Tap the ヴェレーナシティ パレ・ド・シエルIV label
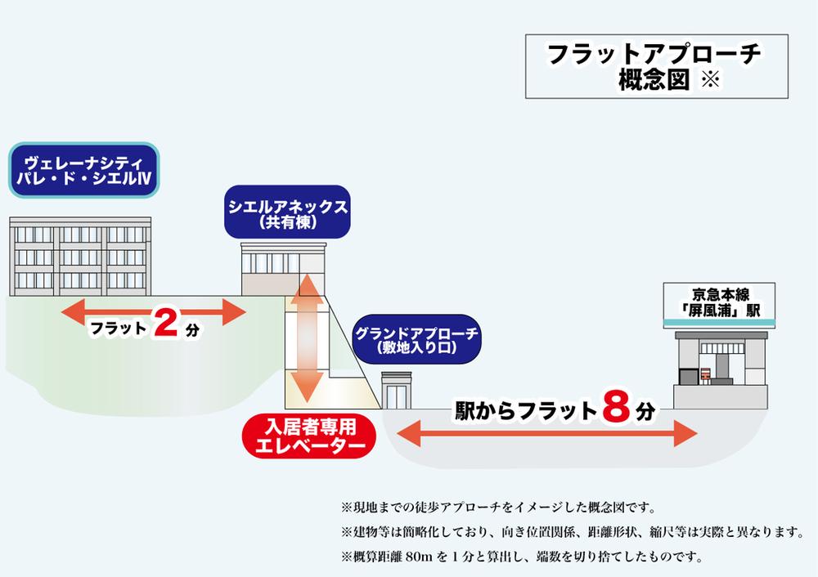pos(84,170)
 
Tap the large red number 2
pos(164,325)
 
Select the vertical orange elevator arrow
pos(308,337)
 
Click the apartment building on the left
pos(80,255)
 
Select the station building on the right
pos(720,368)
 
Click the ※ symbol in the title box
pos(708,80)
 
